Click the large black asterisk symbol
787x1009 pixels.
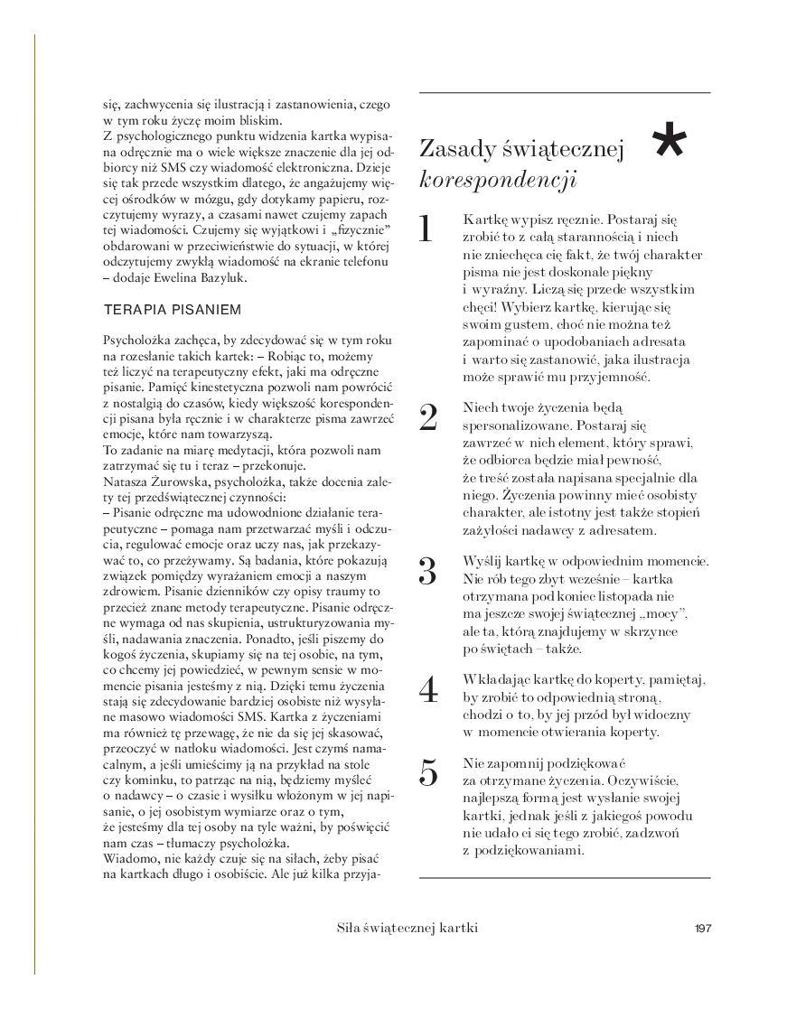click(670, 145)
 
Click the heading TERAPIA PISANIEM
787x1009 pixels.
click(173, 310)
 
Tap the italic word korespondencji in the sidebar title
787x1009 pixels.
click(498, 179)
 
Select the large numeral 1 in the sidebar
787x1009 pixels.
click(427, 229)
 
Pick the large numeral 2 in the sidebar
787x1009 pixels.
click(429, 416)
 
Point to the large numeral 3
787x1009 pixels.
click(428, 571)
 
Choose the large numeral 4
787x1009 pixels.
click(429, 689)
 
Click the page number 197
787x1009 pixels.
click(704, 929)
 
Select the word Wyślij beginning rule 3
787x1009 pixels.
click(480, 561)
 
